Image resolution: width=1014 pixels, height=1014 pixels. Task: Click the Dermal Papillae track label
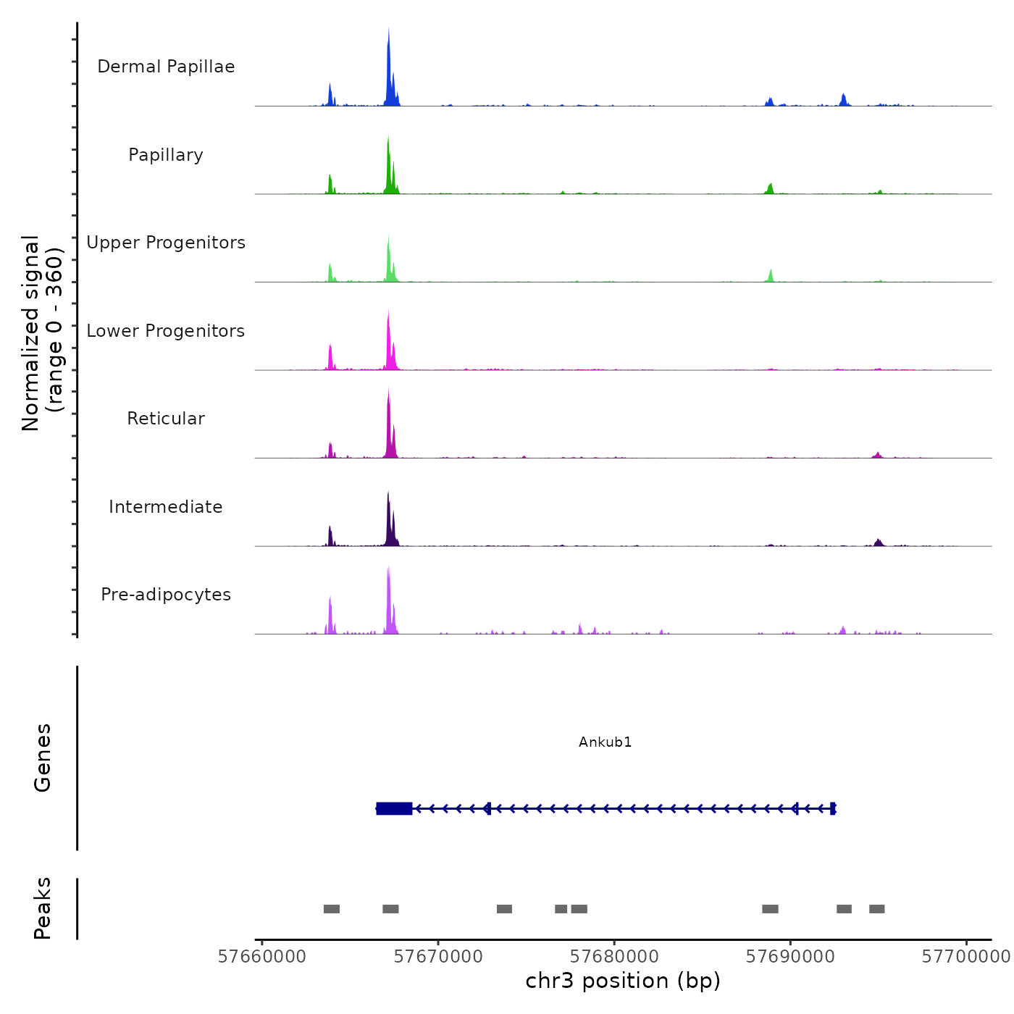166,67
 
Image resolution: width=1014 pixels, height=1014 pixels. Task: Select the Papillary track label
166,155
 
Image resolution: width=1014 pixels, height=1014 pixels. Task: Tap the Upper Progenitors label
166,243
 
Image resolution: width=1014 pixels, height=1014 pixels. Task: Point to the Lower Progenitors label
166,331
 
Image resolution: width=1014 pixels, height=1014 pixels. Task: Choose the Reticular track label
166,419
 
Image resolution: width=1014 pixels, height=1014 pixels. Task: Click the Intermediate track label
166,507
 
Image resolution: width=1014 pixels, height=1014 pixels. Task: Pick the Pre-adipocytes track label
166,595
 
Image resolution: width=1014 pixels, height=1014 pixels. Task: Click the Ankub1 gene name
606,742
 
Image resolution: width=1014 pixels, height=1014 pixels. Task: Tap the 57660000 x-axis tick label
262,957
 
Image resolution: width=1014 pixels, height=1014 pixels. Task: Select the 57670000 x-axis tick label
438,957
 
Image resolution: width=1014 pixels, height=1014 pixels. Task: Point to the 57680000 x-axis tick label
614,957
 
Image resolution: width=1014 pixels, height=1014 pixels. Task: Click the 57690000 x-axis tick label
790,957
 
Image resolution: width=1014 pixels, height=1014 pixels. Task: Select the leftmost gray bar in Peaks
332,909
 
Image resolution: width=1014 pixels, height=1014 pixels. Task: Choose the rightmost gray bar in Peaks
877,909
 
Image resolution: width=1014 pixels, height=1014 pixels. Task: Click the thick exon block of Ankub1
394,808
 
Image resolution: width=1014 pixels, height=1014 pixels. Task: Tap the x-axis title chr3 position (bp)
623,981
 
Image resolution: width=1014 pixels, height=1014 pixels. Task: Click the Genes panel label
43,758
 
